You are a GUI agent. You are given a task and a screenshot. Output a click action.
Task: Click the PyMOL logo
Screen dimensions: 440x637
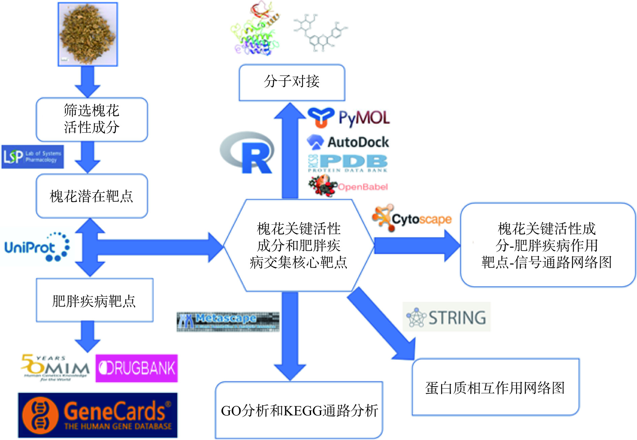click(x=349, y=118)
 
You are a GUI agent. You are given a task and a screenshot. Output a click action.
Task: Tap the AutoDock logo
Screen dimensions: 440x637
click(x=348, y=142)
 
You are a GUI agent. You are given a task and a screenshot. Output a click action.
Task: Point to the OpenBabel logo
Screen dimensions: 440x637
click(x=348, y=186)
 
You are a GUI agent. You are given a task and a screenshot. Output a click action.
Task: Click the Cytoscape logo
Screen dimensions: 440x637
click(x=412, y=218)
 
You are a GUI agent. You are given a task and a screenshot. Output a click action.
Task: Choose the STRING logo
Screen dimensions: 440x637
click(x=447, y=317)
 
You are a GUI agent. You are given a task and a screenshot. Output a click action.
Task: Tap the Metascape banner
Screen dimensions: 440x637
click(x=228, y=322)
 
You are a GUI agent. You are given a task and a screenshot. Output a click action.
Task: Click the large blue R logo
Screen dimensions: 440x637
click(x=248, y=153)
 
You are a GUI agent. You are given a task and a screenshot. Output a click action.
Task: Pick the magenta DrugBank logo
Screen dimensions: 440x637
click(x=136, y=368)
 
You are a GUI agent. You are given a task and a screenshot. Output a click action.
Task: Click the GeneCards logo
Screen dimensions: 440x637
click(x=98, y=415)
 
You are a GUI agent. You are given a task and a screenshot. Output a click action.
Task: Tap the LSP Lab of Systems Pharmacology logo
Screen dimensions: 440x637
click(x=32, y=157)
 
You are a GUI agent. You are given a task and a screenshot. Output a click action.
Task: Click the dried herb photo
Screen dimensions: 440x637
click(x=88, y=34)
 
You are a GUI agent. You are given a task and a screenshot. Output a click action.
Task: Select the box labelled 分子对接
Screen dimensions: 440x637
click(x=292, y=82)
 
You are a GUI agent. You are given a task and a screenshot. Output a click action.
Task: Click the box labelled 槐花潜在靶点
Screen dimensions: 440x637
click(x=92, y=196)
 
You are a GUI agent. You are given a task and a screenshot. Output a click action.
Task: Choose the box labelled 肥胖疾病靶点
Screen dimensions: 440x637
click(x=94, y=300)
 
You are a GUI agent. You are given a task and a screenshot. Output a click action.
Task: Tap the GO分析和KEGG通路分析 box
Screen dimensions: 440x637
click(x=299, y=410)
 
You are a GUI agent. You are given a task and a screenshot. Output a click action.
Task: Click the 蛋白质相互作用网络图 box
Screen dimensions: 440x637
click(x=495, y=387)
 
